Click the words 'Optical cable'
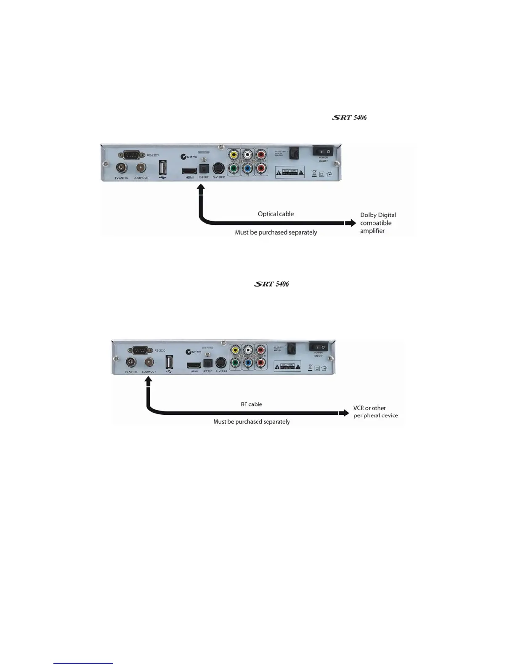[x=276, y=214]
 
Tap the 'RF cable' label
[x=251, y=404]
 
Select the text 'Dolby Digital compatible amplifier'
[x=378, y=223]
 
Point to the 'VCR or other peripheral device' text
[x=375, y=412]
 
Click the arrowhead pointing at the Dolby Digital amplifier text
[x=351, y=223]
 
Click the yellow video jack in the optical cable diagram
[x=234, y=155]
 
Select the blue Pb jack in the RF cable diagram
[x=248, y=362]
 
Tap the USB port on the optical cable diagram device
[x=162, y=168]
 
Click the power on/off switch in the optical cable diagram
[x=323, y=151]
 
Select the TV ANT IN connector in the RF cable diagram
[x=131, y=362]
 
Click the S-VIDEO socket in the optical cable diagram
[x=218, y=168]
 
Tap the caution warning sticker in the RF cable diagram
[x=287, y=366]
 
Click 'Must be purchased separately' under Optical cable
[x=276, y=232]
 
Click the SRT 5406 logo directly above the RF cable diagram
[x=271, y=284]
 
